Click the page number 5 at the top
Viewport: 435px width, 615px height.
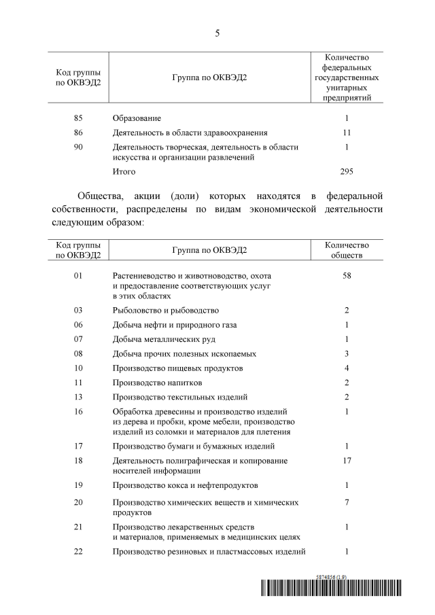pyautogui.click(x=217, y=33)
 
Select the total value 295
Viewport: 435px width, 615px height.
pyautogui.click(x=347, y=172)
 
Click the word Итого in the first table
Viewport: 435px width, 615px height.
pyautogui.click(x=124, y=172)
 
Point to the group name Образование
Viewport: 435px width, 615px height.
pyautogui.click(x=137, y=118)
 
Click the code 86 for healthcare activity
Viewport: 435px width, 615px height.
pyautogui.click(x=78, y=133)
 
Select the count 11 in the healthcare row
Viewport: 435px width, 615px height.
pyautogui.click(x=347, y=133)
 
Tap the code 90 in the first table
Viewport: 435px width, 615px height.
pyautogui.click(x=78, y=147)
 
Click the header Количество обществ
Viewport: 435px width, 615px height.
pyautogui.click(x=347, y=250)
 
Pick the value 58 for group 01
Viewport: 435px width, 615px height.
pyautogui.click(x=347, y=276)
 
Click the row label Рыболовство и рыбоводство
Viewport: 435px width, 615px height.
pyautogui.click(x=166, y=310)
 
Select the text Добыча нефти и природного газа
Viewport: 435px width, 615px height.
pyautogui.click(x=175, y=325)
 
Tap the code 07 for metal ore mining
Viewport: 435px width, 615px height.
pyautogui.click(x=78, y=339)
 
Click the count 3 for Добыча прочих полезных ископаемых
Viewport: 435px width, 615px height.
pyautogui.click(x=347, y=353)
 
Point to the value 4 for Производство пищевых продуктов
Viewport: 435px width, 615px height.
pyautogui.click(x=347, y=368)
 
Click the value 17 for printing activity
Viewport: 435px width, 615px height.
pyautogui.click(x=347, y=460)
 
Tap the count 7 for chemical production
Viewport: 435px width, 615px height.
pyautogui.click(x=347, y=502)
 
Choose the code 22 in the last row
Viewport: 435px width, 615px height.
pyautogui.click(x=78, y=551)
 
